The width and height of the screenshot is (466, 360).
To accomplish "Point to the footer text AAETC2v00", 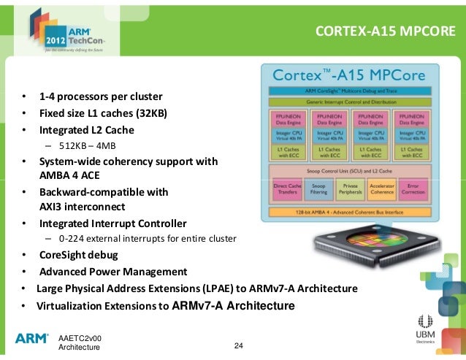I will coord(80,338).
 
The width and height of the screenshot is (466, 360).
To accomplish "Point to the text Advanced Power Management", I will coord(113,271).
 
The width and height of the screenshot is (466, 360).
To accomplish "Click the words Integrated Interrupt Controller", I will coord(112,223).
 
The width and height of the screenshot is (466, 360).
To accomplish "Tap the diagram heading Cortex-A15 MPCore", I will coord(349,75).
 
